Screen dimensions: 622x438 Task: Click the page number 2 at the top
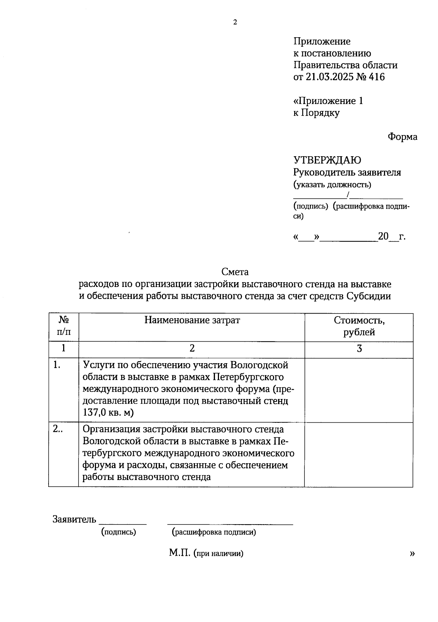(x=235, y=22)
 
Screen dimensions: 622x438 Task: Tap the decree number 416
(x=377, y=77)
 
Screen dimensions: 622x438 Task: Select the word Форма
(x=402, y=137)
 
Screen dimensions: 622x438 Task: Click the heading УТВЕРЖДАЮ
(x=327, y=160)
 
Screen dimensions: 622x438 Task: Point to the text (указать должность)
(x=332, y=185)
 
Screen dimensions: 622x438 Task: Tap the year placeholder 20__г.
(x=392, y=237)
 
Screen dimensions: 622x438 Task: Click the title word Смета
(x=235, y=272)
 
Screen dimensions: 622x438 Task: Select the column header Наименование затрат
(x=192, y=320)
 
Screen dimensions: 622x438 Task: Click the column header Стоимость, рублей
(x=359, y=326)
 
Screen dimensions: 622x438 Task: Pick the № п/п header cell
(x=64, y=326)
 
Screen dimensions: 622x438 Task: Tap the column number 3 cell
(x=359, y=349)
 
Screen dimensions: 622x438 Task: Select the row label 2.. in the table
(x=58, y=429)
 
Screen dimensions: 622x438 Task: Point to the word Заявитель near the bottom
(x=74, y=519)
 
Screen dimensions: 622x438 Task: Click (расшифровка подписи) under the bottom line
(x=214, y=532)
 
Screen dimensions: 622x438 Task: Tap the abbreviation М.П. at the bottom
(x=180, y=553)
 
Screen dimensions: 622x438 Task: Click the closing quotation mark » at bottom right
(x=412, y=553)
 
